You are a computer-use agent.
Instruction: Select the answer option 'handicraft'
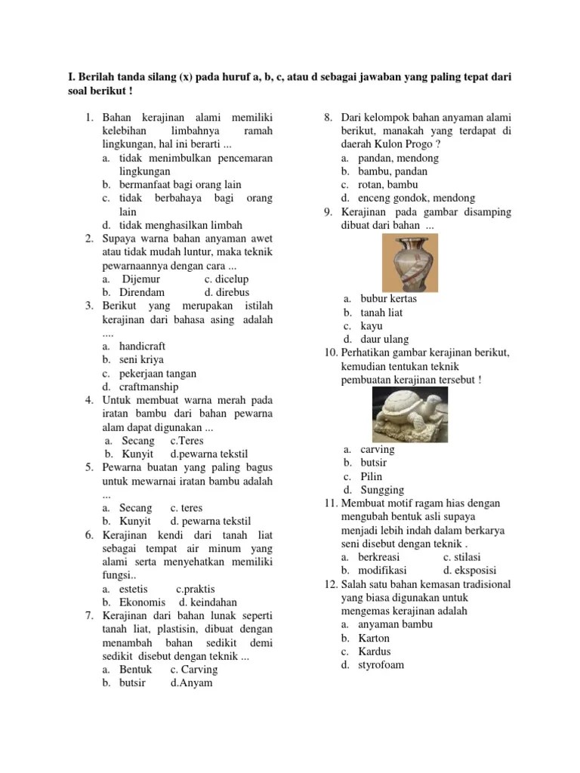(x=143, y=346)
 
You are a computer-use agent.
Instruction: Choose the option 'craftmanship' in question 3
(x=149, y=386)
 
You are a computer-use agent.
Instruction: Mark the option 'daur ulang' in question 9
(x=383, y=339)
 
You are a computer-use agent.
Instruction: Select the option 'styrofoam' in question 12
(x=382, y=665)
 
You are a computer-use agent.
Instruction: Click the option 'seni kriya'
(x=141, y=359)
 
